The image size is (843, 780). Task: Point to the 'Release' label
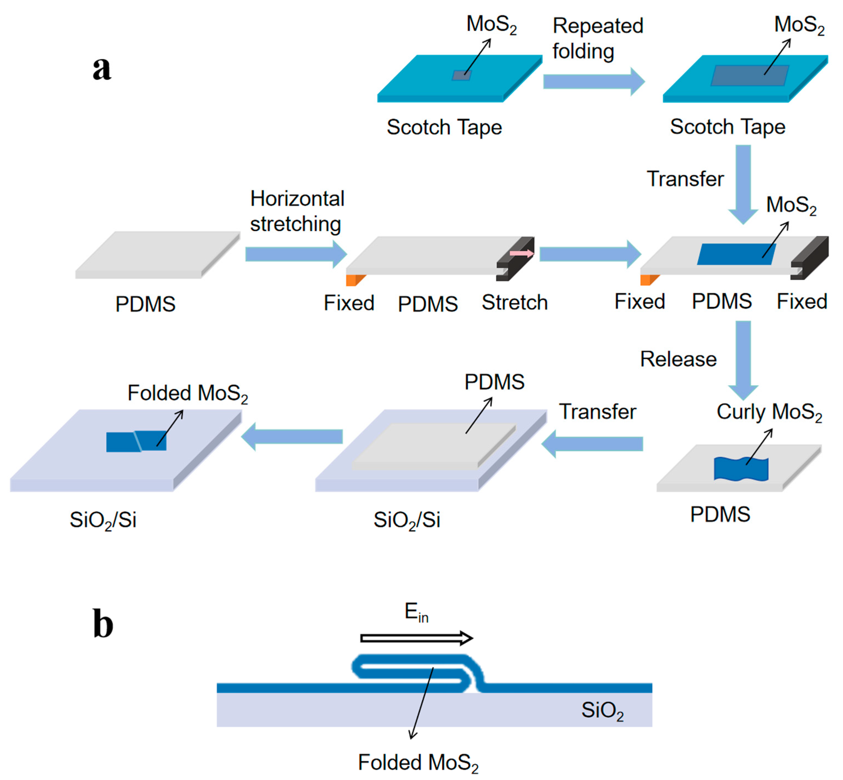click(x=678, y=359)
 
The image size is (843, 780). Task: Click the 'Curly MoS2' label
click(x=769, y=412)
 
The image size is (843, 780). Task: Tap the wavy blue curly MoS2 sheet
click(x=740, y=469)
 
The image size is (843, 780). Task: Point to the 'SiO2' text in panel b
click(x=602, y=711)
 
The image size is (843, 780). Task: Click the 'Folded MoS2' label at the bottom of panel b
click(x=418, y=763)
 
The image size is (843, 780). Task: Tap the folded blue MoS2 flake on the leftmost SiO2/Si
click(x=136, y=441)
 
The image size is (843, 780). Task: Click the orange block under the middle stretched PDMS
click(x=354, y=280)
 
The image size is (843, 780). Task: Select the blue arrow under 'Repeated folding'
click(x=593, y=81)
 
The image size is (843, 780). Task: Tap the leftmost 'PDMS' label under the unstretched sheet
click(x=145, y=304)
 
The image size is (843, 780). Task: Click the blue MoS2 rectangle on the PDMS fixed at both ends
click(x=736, y=254)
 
